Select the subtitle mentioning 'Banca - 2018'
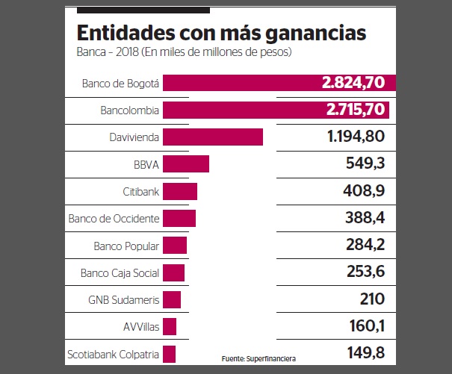183,53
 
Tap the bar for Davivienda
213,137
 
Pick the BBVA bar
186,164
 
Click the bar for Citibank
180,192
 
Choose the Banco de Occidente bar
179,219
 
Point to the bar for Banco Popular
175,246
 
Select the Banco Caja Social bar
173,272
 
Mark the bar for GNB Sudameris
172,300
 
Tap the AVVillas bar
170,327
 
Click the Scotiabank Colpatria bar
169,354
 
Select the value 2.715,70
355,110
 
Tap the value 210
371,300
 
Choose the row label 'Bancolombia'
129,110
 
